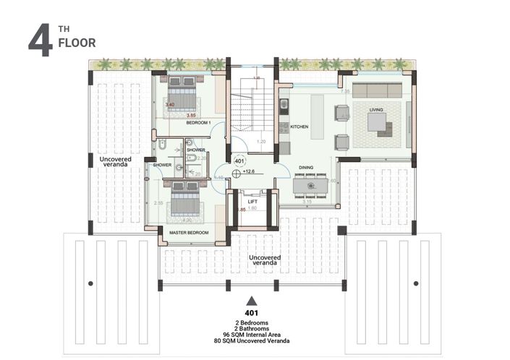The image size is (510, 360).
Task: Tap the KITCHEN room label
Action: (299, 127)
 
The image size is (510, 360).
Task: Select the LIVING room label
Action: (376, 110)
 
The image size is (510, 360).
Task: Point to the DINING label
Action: (306, 168)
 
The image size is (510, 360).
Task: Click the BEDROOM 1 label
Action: (197, 124)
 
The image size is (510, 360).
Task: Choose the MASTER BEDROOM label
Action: (188, 233)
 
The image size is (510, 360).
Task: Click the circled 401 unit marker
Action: (239, 160)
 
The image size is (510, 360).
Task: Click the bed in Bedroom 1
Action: (182, 93)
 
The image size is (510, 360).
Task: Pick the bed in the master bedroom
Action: (184, 199)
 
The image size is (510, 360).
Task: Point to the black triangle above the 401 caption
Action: (251, 300)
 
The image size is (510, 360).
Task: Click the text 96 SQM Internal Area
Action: (251, 334)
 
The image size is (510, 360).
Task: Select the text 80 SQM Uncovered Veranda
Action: (251, 340)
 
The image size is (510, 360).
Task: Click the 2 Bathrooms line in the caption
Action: (251, 327)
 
